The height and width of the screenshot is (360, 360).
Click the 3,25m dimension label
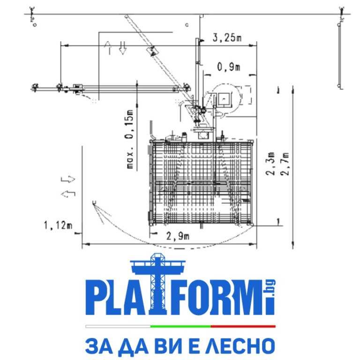(227, 38)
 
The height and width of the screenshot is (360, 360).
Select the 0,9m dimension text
(228, 67)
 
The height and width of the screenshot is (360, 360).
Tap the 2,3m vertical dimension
(270, 163)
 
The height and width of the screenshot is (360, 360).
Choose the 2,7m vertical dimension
(283, 163)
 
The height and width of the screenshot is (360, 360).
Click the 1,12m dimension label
(58, 226)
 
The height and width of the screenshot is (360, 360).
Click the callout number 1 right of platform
(278, 220)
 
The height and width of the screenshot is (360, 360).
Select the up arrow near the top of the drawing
(110, 47)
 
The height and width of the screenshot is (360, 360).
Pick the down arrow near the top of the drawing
(123, 47)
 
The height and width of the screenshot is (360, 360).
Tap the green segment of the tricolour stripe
(180, 326)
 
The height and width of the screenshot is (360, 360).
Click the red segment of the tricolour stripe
(243, 326)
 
